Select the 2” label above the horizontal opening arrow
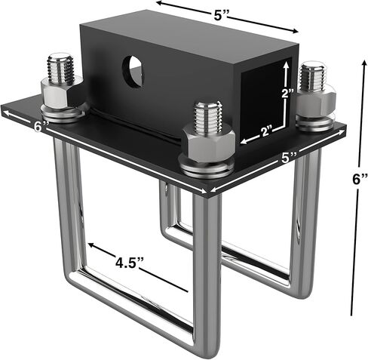tap(267, 131)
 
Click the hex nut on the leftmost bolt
tap(60, 97)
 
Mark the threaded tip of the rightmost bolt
tap(313, 75)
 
